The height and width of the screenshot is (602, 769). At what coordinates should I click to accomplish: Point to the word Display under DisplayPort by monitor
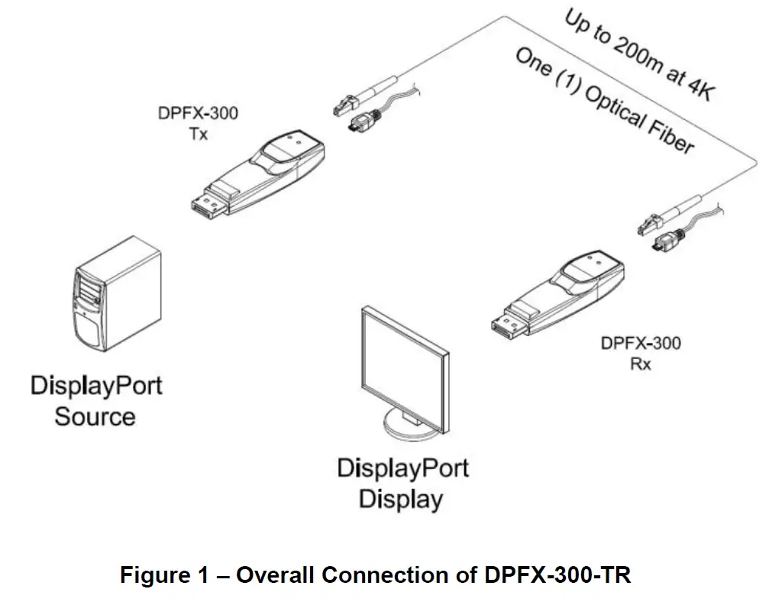[x=401, y=500]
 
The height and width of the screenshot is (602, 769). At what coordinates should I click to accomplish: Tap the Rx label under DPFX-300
[x=640, y=364]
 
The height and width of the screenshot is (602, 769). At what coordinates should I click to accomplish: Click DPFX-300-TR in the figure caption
[x=557, y=575]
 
